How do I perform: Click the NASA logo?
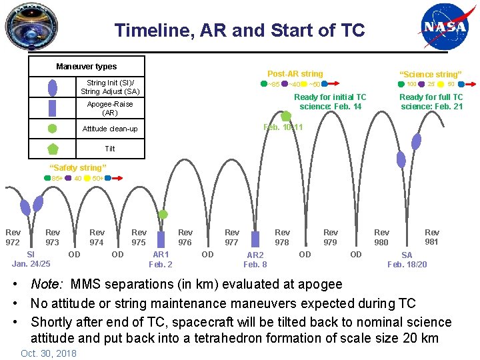click(445, 29)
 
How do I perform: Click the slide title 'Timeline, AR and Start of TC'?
click(239, 30)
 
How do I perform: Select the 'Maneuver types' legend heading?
click(86, 67)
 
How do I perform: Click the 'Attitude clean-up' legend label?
click(109, 129)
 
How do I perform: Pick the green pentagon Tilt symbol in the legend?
click(53, 149)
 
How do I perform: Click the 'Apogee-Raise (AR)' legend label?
click(109, 108)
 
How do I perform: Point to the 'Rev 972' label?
click(13, 237)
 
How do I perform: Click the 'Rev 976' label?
click(185, 237)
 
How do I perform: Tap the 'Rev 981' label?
click(432, 237)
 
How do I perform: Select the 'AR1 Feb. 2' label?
click(161, 259)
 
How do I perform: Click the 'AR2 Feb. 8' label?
click(255, 259)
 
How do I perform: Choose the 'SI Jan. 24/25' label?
click(31, 259)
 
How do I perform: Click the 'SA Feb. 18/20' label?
click(407, 259)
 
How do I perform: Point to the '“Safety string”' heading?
click(78, 167)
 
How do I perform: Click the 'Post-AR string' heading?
click(295, 73)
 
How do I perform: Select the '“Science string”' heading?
click(430, 74)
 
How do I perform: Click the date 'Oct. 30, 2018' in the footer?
click(49, 353)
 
